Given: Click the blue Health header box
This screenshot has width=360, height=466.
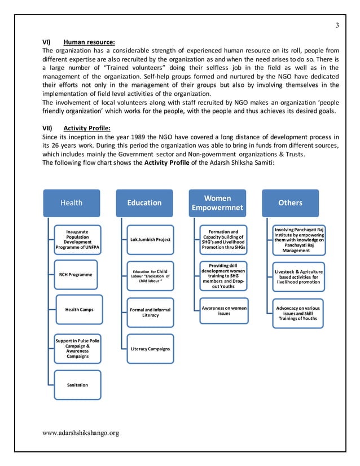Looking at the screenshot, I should (72, 203).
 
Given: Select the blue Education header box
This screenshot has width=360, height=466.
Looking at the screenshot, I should (144, 203).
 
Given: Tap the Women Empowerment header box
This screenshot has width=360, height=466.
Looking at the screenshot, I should (217, 203).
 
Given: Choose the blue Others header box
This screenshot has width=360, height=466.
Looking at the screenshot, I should (290, 203).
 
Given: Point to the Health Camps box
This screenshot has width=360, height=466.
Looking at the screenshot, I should (79, 310).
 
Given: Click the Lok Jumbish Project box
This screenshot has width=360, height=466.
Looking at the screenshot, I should (150, 240).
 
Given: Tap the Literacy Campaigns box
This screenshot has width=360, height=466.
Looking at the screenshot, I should (150, 349).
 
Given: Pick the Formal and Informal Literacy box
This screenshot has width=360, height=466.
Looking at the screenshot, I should (150, 313).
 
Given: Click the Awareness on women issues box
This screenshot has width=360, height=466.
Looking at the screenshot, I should (223, 310).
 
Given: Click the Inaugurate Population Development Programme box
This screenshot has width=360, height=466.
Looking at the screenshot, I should (77, 240).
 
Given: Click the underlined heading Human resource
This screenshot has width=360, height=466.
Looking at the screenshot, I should (89, 42).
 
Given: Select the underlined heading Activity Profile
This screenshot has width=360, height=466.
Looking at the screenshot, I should (88, 128).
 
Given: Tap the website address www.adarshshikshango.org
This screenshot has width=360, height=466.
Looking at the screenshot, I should (81, 433).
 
